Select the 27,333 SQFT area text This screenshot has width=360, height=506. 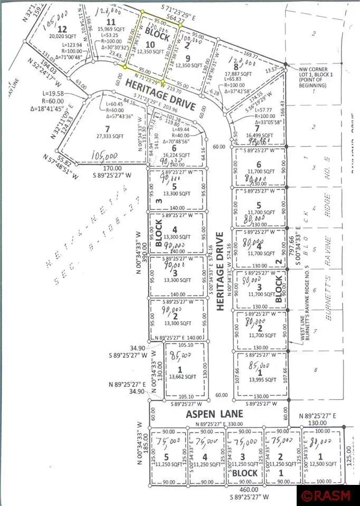110,136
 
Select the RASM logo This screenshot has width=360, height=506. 327,495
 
